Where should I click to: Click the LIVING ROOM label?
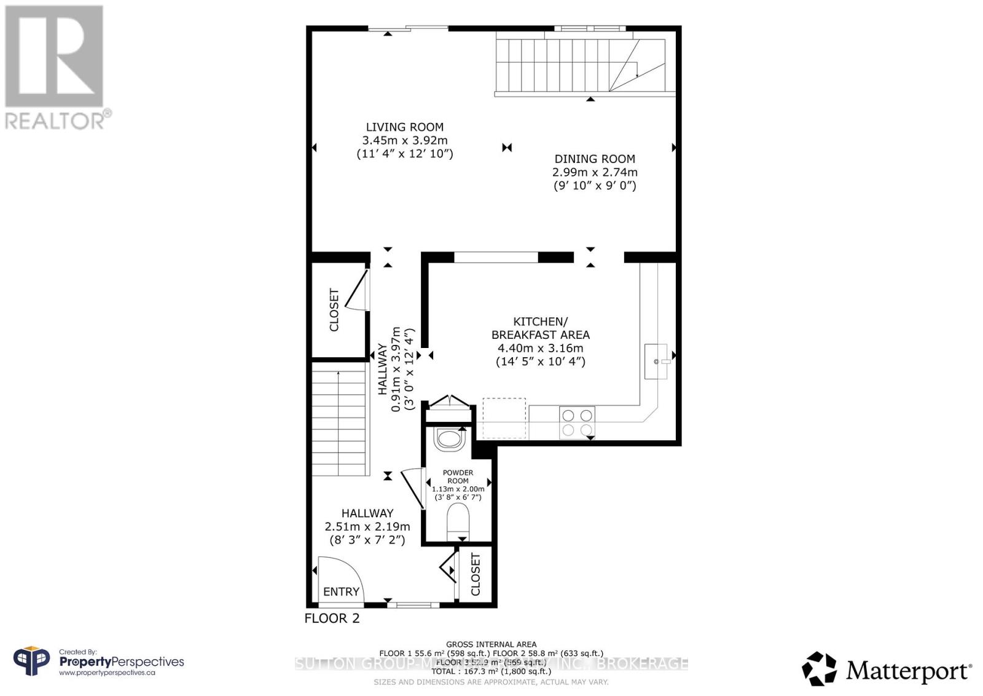(404, 127)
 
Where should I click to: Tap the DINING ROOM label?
(594, 159)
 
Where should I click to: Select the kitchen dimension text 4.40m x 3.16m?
(540, 348)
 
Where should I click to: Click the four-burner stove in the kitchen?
(578, 422)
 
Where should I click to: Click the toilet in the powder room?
(458, 520)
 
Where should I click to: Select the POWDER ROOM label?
(458, 477)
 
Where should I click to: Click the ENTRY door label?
(341, 591)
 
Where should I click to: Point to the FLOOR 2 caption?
(332, 619)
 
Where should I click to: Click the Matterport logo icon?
(819, 668)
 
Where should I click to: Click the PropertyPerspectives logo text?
(121, 662)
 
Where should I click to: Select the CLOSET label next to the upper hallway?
(334, 310)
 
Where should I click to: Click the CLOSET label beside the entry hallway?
(476, 574)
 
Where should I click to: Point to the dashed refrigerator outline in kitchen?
(504, 418)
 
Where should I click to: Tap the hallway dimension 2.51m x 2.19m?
(367, 527)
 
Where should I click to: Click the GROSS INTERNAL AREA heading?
(491, 644)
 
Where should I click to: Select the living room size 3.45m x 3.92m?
(404, 141)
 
